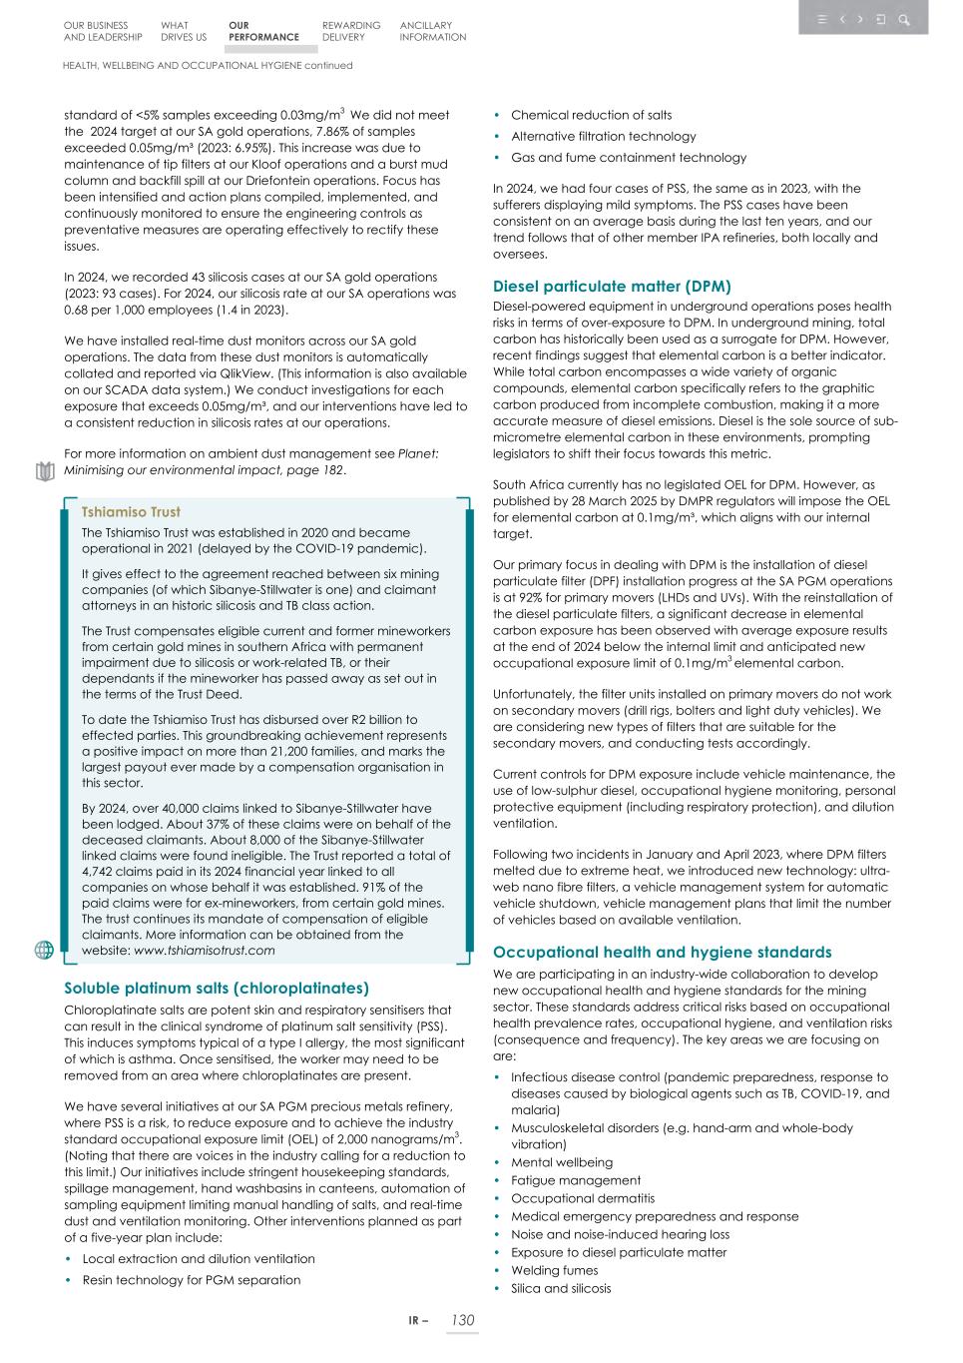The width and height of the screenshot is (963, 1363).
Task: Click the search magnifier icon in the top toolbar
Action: point(904,19)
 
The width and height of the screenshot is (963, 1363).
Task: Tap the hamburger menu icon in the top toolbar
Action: point(821,19)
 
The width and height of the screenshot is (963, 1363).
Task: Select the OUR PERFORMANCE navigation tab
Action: point(262,31)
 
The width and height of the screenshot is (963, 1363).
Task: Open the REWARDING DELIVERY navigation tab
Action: point(350,31)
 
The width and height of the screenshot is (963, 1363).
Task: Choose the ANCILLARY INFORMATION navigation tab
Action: point(432,31)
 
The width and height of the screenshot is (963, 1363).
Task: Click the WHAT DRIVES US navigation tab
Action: point(183,31)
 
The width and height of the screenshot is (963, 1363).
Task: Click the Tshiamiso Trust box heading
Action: point(131,511)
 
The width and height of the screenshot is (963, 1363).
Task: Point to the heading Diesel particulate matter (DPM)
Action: point(612,286)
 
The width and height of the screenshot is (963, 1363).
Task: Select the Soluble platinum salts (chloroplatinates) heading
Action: point(217,988)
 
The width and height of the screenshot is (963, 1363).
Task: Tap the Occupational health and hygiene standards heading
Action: point(662,952)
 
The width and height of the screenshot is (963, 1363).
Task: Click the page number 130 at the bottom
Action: point(462,1320)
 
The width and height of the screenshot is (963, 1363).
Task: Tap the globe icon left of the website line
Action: point(44,950)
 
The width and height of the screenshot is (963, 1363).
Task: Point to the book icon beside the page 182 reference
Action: point(44,471)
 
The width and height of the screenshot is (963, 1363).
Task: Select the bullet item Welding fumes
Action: point(554,1270)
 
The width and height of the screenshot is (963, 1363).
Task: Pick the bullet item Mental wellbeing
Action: point(562,1162)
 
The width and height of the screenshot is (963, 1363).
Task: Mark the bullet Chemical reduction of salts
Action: point(591,115)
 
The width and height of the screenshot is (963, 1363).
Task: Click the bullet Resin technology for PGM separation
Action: point(191,1279)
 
